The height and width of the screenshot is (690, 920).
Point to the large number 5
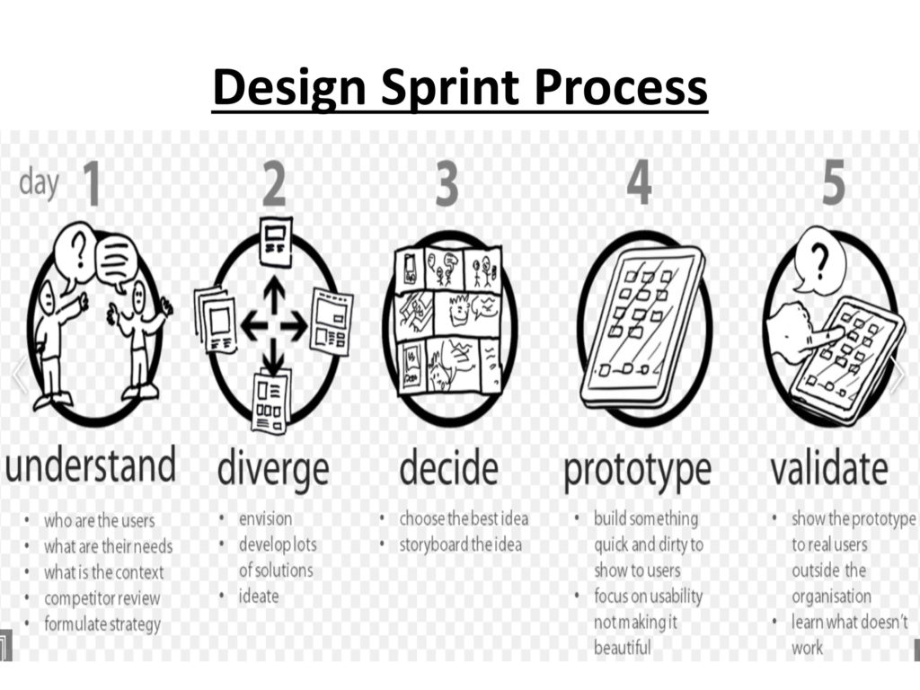pyautogui.click(x=833, y=182)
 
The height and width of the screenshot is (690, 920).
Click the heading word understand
pyautogui.click(x=91, y=467)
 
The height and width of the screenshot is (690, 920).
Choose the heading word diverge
pyautogui.click(x=273, y=468)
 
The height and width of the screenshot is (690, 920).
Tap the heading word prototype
pyautogui.click(x=637, y=469)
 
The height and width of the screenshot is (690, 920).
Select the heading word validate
pyautogui.click(x=829, y=468)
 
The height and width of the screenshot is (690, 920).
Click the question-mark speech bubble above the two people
pyautogui.click(x=74, y=251)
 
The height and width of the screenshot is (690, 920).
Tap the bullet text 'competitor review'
pyautogui.click(x=102, y=597)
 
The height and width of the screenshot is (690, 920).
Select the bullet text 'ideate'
pyautogui.click(x=259, y=596)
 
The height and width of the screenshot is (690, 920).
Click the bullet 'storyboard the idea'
pyautogui.click(x=460, y=544)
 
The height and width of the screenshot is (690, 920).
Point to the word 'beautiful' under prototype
pyautogui.click(x=622, y=647)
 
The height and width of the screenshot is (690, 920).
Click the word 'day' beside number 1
pyautogui.click(x=39, y=182)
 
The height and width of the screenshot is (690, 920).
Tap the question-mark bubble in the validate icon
pyautogui.click(x=816, y=261)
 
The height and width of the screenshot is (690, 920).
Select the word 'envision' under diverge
pyautogui.click(x=265, y=518)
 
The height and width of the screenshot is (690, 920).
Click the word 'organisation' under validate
pyautogui.click(x=831, y=596)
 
